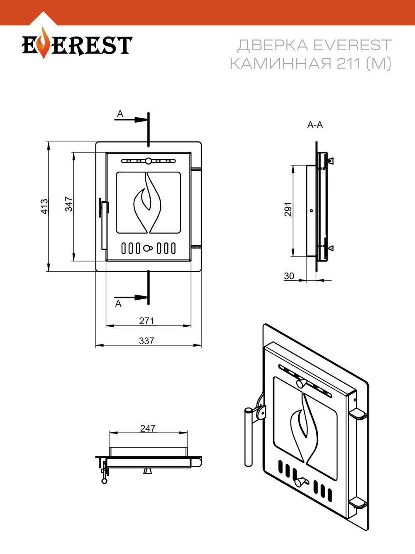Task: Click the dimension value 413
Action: pyautogui.click(x=44, y=207)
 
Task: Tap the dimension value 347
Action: pyautogui.click(x=69, y=204)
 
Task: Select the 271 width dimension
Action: pyautogui.click(x=146, y=321)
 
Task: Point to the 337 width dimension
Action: pyautogui.click(x=146, y=341)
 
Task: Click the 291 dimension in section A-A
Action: pyautogui.click(x=288, y=209)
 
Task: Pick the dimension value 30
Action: pyautogui.click(x=289, y=276)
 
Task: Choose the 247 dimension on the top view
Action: pyautogui.click(x=148, y=428)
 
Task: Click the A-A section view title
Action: pyautogui.click(x=315, y=125)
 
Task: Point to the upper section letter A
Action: pyautogui.click(x=120, y=114)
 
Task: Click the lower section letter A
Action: pyautogui.click(x=119, y=303)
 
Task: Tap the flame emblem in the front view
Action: pyautogui.click(x=147, y=202)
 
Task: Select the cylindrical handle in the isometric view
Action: pyautogui.click(x=248, y=436)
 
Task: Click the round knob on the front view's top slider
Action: pyautogui.click(x=148, y=161)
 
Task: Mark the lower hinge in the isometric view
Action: pyautogui.click(x=358, y=503)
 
